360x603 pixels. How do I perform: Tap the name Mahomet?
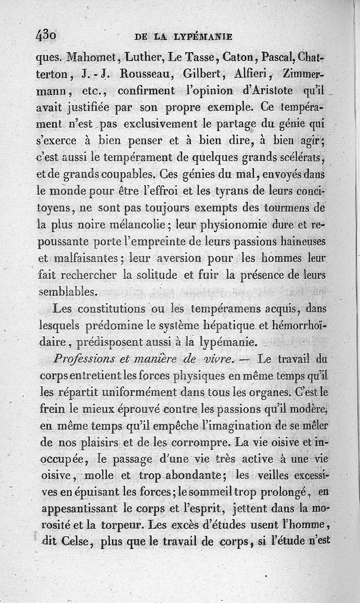93,58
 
